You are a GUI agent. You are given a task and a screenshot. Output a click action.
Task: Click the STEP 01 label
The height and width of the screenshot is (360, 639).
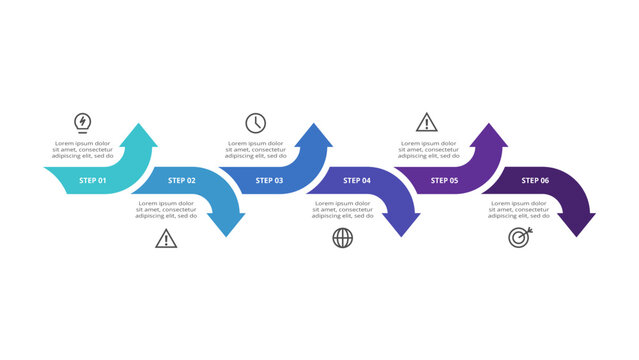click(x=93, y=181)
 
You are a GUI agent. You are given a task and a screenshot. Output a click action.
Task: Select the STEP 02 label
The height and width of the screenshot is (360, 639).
click(x=181, y=181)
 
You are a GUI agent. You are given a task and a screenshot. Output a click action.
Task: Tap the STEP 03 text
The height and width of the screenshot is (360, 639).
click(x=268, y=181)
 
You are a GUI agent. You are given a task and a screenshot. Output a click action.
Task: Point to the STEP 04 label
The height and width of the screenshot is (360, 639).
click(x=357, y=181)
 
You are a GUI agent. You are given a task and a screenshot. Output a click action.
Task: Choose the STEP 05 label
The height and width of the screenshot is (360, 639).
click(x=444, y=181)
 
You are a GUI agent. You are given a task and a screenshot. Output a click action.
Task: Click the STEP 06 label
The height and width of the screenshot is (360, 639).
click(x=534, y=181)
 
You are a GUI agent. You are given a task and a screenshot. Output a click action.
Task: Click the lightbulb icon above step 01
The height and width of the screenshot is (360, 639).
click(x=83, y=123)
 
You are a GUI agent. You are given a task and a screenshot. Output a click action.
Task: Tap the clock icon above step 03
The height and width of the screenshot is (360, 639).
click(x=256, y=123)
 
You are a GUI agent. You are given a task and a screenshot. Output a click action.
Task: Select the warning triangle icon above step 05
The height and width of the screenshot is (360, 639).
click(x=427, y=123)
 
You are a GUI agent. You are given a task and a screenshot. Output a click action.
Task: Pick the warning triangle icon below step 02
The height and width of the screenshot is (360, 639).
click(x=166, y=238)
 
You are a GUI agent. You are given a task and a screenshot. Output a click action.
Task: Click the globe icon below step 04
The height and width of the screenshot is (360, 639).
click(x=342, y=238)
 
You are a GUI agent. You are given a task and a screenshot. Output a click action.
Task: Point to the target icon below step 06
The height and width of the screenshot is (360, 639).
click(x=518, y=238)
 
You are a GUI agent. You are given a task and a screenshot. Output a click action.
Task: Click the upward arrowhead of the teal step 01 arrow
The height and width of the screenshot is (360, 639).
click(x=142, y=134)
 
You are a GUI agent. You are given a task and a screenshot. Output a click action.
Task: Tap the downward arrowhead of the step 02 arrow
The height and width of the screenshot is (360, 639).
click(x=229, y=225)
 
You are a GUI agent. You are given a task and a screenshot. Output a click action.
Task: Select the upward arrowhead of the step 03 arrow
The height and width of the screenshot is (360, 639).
click(x=316, y=134)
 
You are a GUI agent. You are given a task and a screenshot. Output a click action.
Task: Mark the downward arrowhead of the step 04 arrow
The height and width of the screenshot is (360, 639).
click(x=404, y=225)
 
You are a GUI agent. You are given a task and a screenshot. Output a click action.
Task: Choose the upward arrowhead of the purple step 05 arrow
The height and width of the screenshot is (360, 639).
click(x=491, y=134)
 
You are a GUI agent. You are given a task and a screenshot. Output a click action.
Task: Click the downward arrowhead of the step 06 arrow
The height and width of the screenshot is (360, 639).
click(x=579, y=225)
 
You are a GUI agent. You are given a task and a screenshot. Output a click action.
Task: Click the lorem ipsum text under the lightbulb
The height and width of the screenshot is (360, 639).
click(x=84, y=150)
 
